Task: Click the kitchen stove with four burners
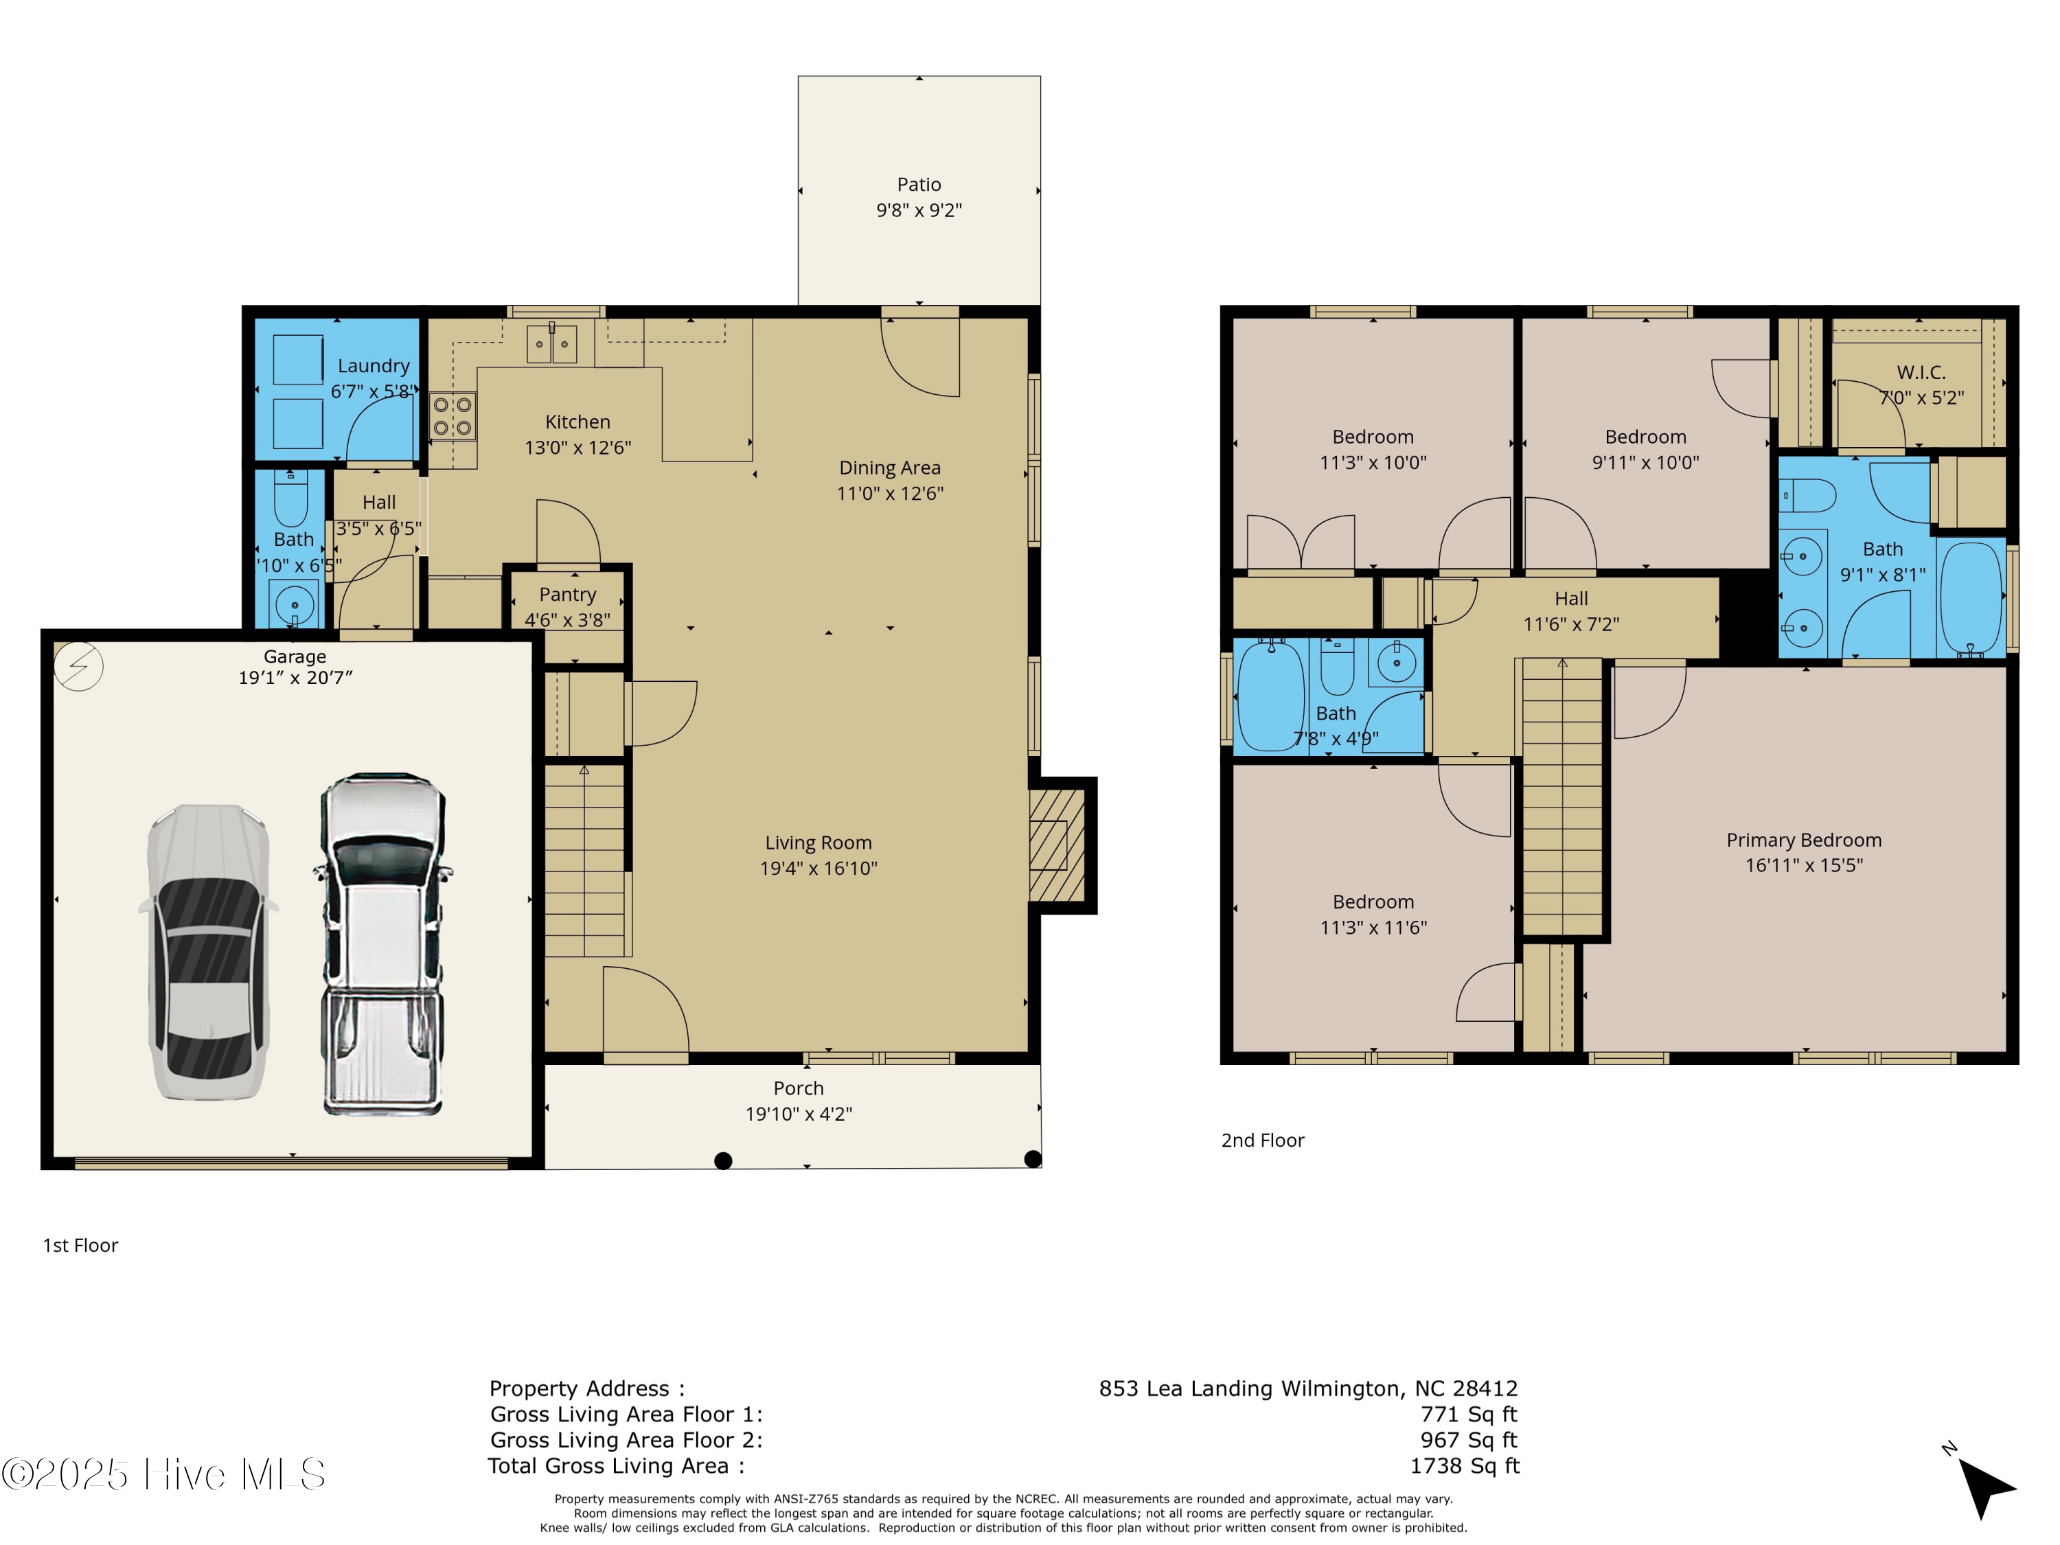click(453, 416)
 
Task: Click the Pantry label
click(567, 594)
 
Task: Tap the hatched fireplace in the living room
click(1057, 845)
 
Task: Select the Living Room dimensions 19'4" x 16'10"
click(819, 868)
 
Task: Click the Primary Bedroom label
click(1804, 840)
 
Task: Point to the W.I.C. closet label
click(1921, 372)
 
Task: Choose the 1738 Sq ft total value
click(1464, 1466)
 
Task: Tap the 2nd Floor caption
click(1263, 1140)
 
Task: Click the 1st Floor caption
click(80, 1245)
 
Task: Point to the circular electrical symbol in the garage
click(78, 667)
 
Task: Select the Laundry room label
click(374, 366)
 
